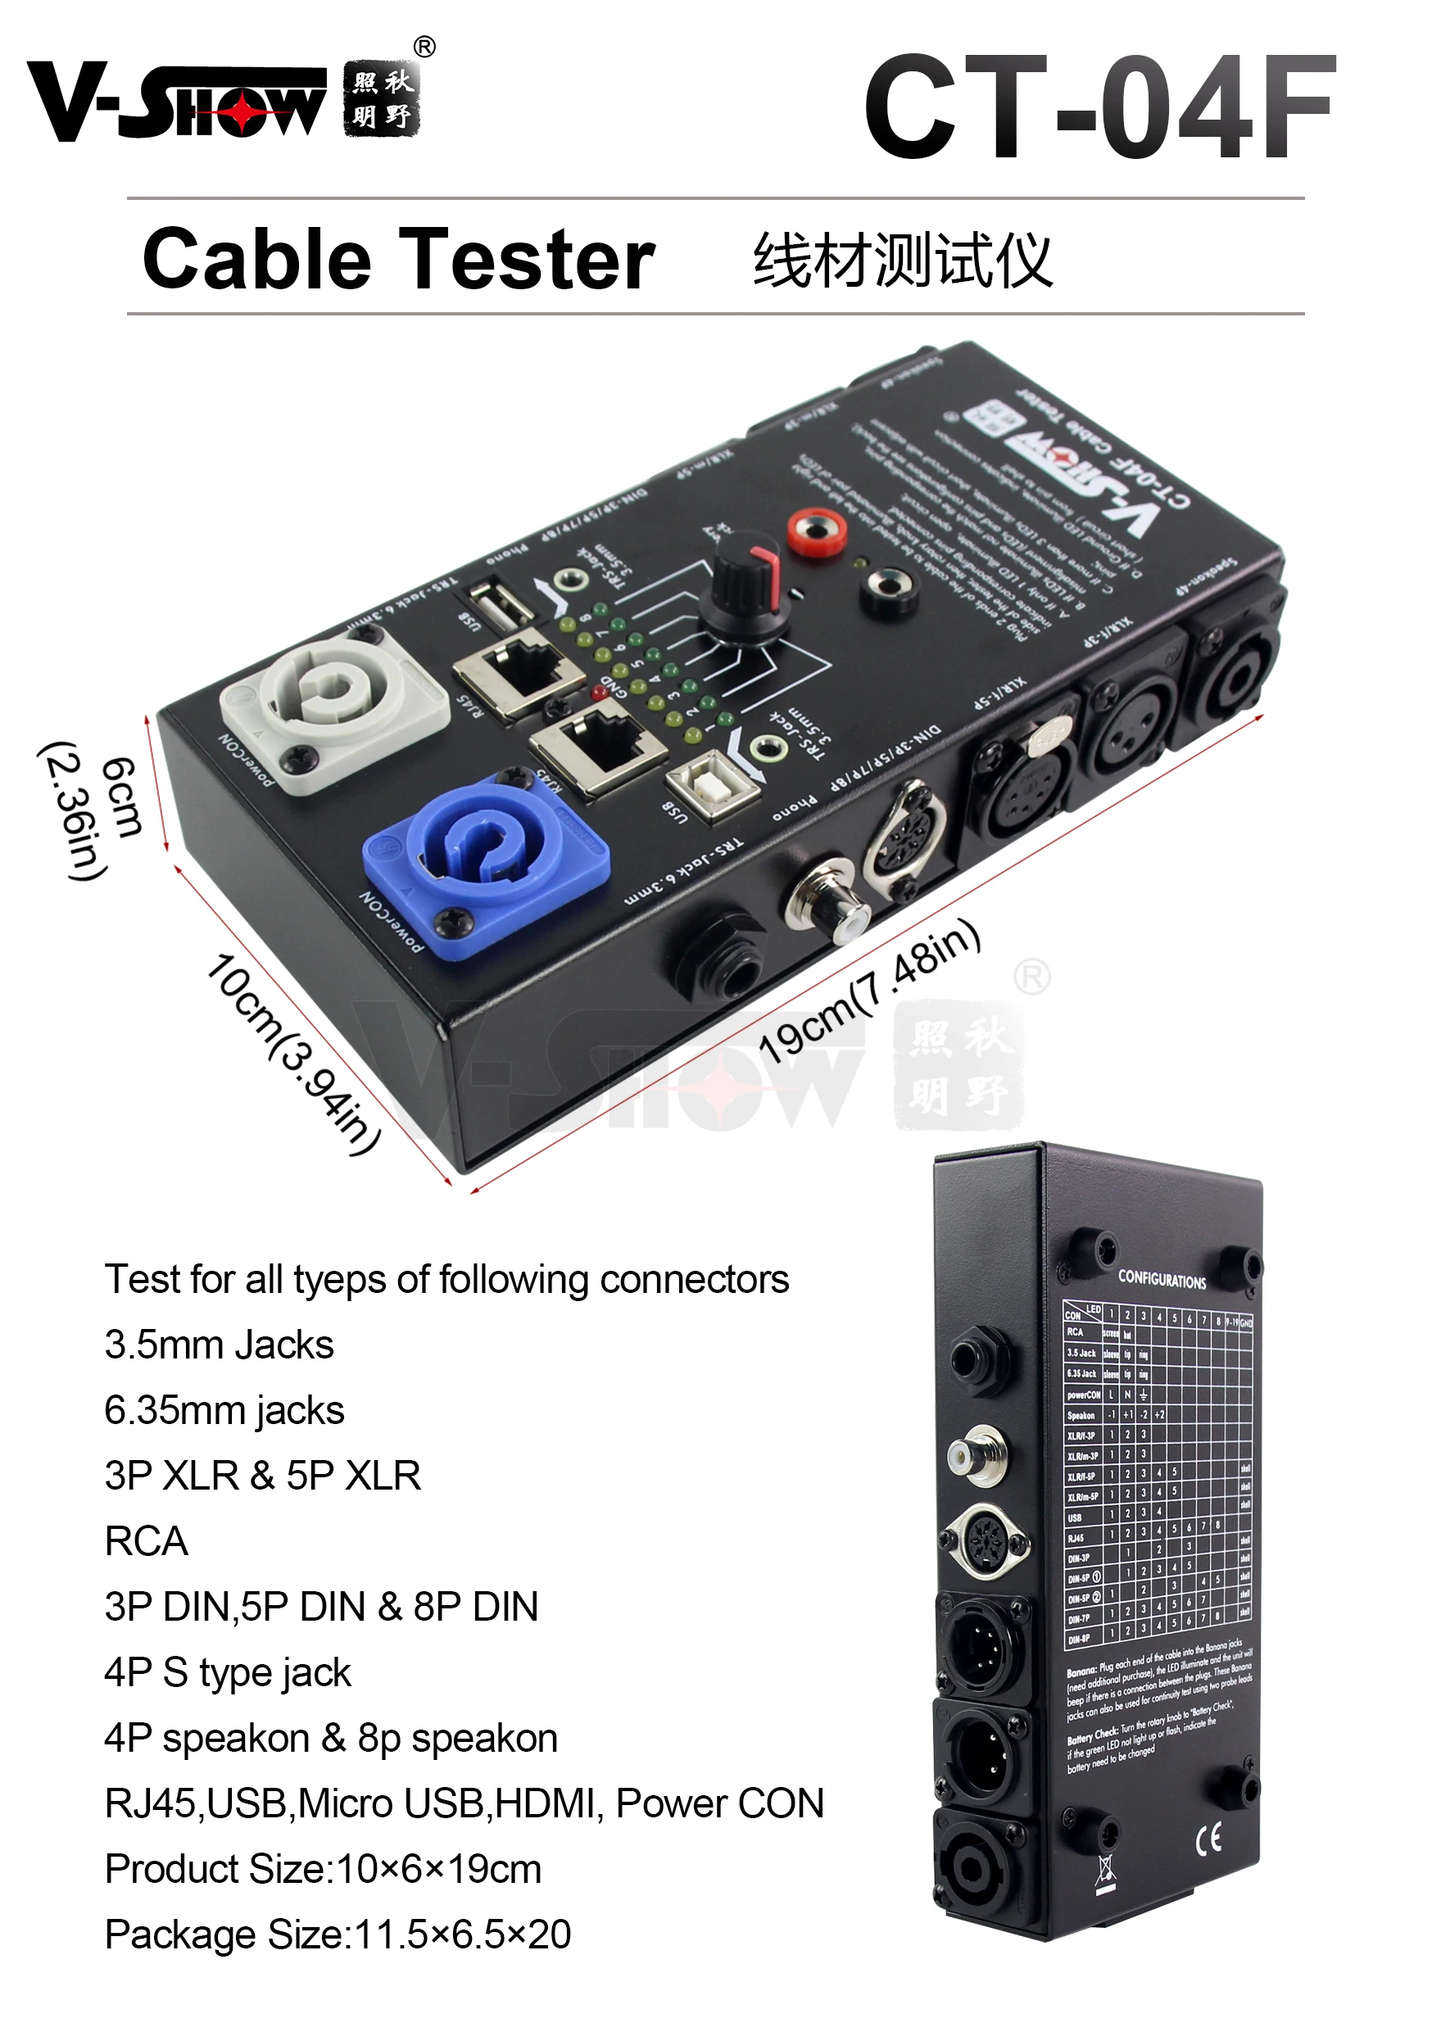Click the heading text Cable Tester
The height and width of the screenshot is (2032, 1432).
tap(398, 259)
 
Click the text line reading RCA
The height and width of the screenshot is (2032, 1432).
tap(146, 1541)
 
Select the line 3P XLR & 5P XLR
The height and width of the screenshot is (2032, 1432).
tap(262, 1476)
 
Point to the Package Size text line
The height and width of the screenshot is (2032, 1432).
tap(338, 1934)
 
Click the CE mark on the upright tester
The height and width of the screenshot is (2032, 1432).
tap(1208, 1840)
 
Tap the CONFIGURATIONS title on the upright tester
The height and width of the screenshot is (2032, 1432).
tap(1161, 1280)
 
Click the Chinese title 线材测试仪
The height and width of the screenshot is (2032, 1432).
tap(902, 261)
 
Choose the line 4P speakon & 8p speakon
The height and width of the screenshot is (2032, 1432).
tap(330, 1738)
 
